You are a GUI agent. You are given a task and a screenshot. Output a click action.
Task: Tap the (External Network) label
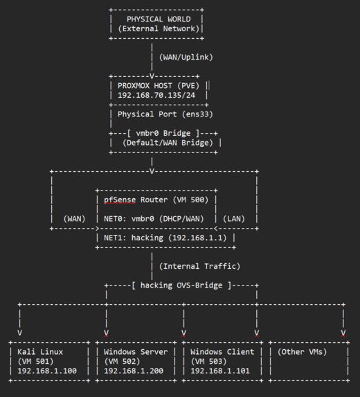pos(159,28)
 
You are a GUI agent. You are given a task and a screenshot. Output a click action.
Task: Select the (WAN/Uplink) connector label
pos(186,57)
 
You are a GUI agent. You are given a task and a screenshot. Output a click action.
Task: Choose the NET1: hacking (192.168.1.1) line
pos(166,238)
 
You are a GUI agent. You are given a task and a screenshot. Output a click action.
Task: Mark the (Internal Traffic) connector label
pos(200,266)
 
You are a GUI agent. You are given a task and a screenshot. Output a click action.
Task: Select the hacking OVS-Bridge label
pos(181,285)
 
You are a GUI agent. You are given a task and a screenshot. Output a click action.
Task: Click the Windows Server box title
pos(136,352)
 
